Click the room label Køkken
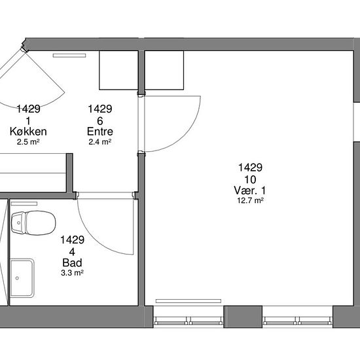[x=28, y=132]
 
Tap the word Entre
[x=100, y=132]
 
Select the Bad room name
[x=72, y=263]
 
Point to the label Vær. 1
[x=250, y=190]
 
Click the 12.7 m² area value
[x=250, y=200]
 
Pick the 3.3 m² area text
[x=72, y=273]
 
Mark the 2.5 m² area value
[x=28, y=141]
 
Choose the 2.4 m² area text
[x=100, y=141]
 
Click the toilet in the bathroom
[x=33, y=223]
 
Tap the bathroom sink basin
[x=22, y=278]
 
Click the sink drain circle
[x=17, y=278]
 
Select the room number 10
[x=250, y=179]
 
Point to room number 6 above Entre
[x=100, y=121]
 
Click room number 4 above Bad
[x=72, y=252]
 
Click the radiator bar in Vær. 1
[x=189, y=301]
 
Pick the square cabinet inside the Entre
[x=118, y=70]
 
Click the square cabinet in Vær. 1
[x=164, y=70]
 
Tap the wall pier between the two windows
[x=243, y=317]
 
